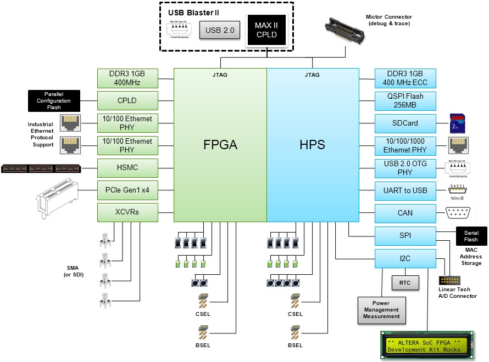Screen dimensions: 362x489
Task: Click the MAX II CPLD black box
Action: [266, 30]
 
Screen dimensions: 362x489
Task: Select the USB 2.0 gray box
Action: [220, 31]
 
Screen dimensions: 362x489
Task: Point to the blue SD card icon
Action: [458, 123]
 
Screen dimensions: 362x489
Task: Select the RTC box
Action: [405, 282]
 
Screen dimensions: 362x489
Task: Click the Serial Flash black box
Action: [471, 236]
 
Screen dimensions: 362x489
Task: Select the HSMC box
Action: [127, 167]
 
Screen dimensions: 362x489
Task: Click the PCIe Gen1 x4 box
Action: [127, 190]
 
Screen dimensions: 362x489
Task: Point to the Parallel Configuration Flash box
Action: [54, 100]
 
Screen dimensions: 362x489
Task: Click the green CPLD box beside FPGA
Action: [127, 101]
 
